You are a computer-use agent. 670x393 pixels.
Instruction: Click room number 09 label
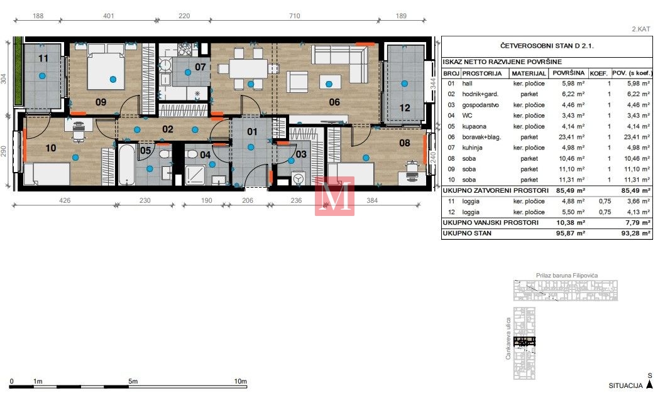pyautogui.click(x=101, y=102)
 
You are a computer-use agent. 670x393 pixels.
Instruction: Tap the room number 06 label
pyautogui.click(x=334, y=102)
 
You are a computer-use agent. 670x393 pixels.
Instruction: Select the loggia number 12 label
pyautogui.click(x=405, y=108)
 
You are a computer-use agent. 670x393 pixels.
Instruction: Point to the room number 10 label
pyautogui.click(x=51, y=148)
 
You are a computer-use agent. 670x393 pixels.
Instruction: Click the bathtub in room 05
pyautogui.click(x=126, y=164)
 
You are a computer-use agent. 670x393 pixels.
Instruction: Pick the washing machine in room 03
pyautogui.click(x=299, y=178)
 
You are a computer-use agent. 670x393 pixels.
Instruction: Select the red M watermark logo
pyautogui.click(x=334, y=196)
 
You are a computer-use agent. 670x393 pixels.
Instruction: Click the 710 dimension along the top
pyautogui.click(x=294, y=16)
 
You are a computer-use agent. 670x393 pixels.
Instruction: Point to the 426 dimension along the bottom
pyautogui.click(x=65, y=200)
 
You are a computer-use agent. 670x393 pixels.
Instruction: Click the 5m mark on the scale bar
pyautogui.click(x=133, y=381)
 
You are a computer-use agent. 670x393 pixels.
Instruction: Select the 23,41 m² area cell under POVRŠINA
pyautogui.click(x=573, y=137)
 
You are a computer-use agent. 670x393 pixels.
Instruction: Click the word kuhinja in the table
pyautogui.click(x=472, y=148)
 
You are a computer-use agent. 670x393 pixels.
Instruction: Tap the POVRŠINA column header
pyautogui.click(x=568, y=73)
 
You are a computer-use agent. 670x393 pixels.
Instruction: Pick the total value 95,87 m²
pyautogui.click(x=571, y=233)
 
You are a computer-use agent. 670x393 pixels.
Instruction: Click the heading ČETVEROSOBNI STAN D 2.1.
pyautogui.click(x=547, y=46)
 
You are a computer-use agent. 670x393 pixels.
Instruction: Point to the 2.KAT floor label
pyautogui.click(x=641, y=29)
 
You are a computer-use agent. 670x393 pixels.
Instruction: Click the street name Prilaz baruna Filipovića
pyautogui.click(x=567, y=275)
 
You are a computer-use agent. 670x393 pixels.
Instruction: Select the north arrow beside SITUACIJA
pyautogui.click(x=649, y=384)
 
